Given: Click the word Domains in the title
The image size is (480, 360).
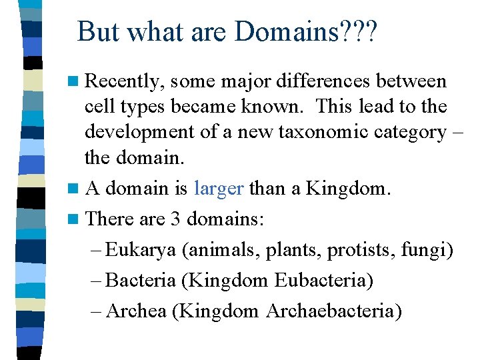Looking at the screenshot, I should (284, 32).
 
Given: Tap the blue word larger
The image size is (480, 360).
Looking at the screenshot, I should (219, 189).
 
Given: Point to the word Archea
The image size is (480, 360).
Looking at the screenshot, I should (136, 311).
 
